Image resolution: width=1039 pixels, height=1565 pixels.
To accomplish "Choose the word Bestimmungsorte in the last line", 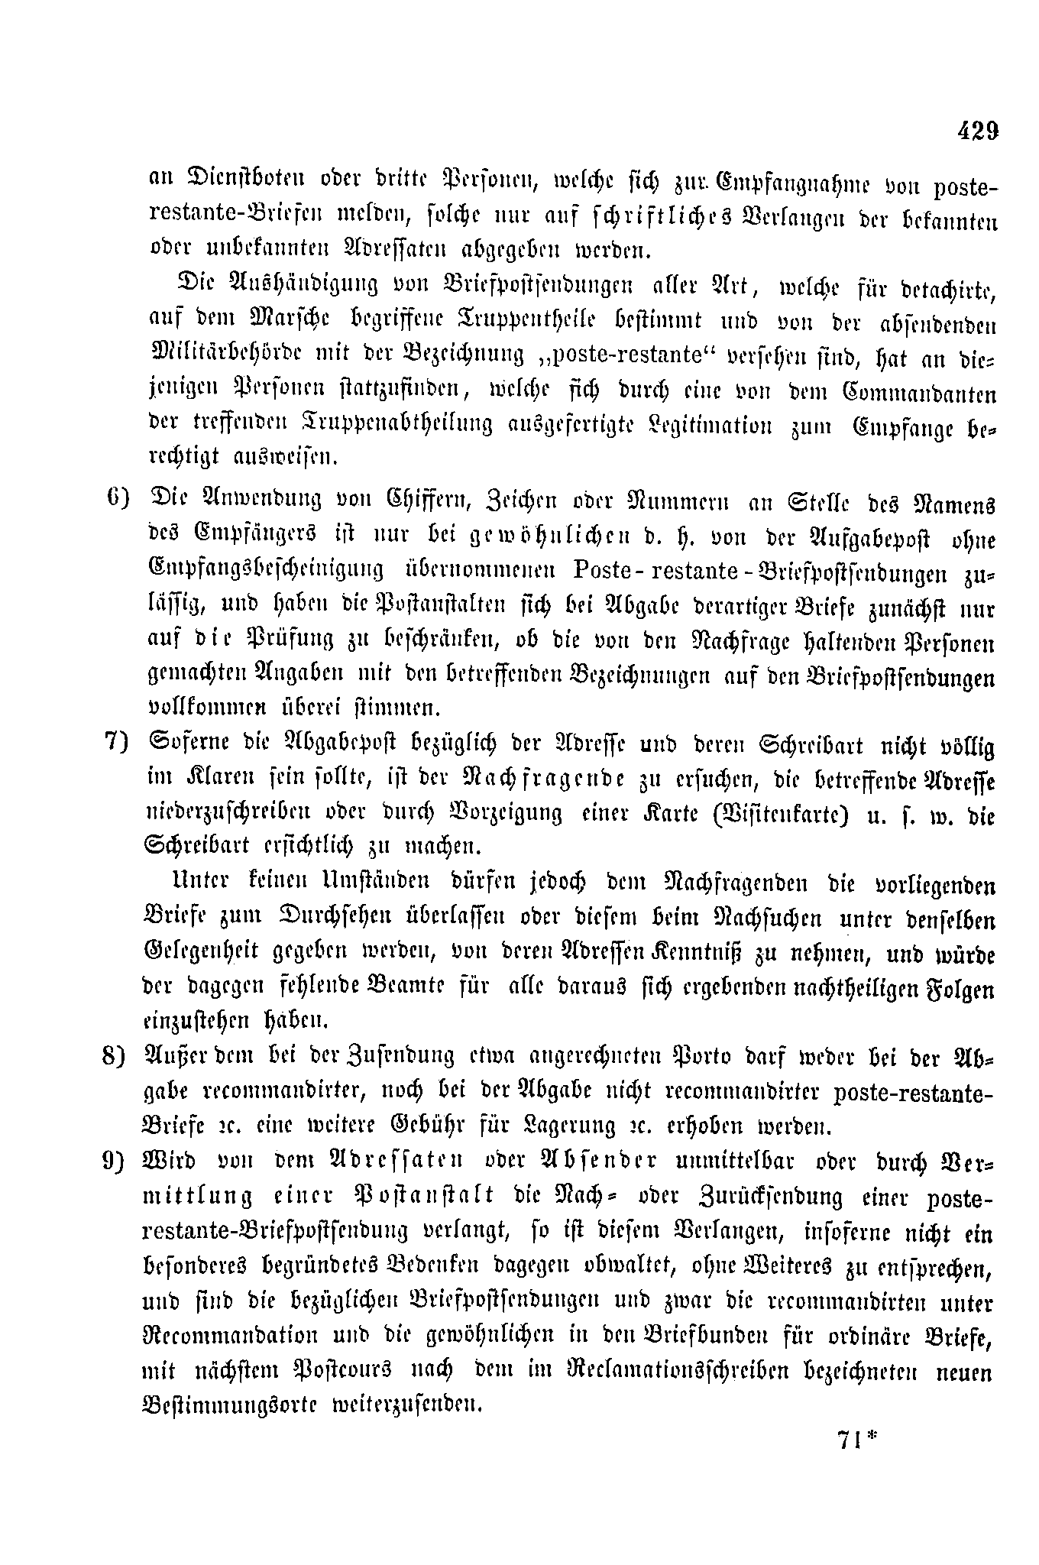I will [231, 1405].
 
